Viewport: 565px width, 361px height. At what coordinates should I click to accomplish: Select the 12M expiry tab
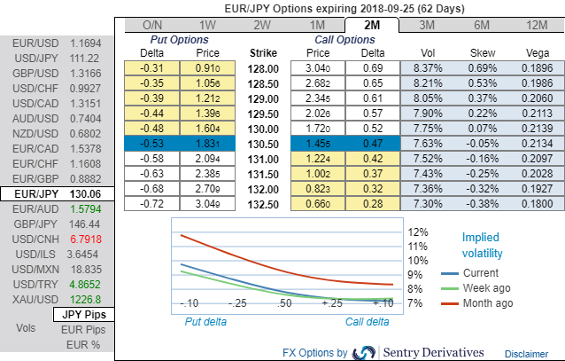pyautogui.click(x=536, y=26)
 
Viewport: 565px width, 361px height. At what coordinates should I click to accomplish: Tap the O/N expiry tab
pyautogui.click(x=152, y=26)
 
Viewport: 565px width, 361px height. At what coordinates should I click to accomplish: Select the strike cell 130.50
pyautogui.click(x=263, y=143)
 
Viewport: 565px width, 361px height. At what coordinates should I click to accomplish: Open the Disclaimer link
pyautogui.click(x=526, y=353)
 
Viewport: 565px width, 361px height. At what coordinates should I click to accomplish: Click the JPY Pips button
pyautogui.click(x=83, y=315)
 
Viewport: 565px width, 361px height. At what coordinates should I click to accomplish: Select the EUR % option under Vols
pyautogui.click(x=83, y=343)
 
